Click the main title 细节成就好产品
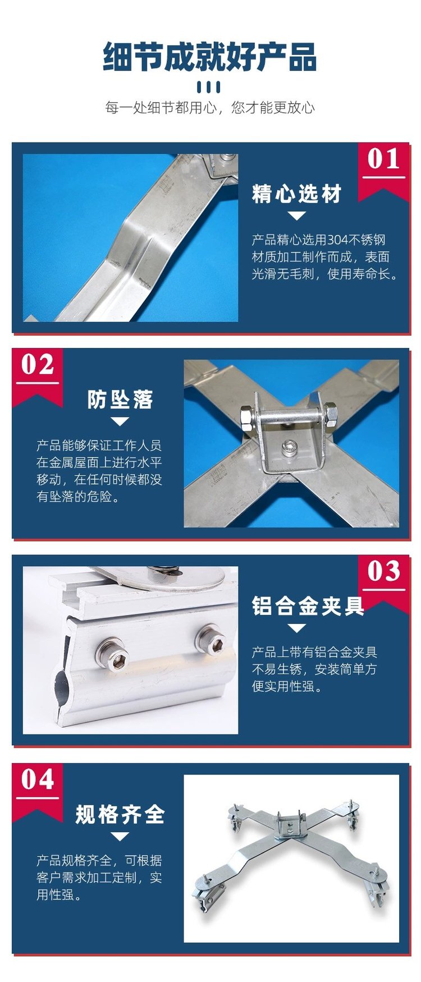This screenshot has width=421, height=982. [210, 57]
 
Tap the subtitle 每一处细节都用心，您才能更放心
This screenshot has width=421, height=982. [210, 107]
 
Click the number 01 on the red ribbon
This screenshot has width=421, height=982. [384, 159]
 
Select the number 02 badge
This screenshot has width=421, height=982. [38, 365]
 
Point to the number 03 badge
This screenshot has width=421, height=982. [384, 571]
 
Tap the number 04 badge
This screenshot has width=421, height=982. [38, 779]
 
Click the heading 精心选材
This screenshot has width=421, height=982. [297, 194]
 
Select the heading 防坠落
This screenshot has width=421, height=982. [120, 400]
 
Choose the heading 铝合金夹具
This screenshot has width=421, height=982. [308, 606]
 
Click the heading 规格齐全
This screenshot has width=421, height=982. [120, 814]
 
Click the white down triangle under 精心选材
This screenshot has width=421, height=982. [296, 215]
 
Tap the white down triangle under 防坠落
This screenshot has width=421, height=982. [120, 421]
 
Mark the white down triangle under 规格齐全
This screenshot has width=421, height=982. [120, 836]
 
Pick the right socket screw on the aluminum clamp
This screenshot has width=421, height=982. [210, 640]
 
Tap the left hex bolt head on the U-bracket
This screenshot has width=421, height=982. [247, 418]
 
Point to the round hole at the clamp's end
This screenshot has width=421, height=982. [63, 689]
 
